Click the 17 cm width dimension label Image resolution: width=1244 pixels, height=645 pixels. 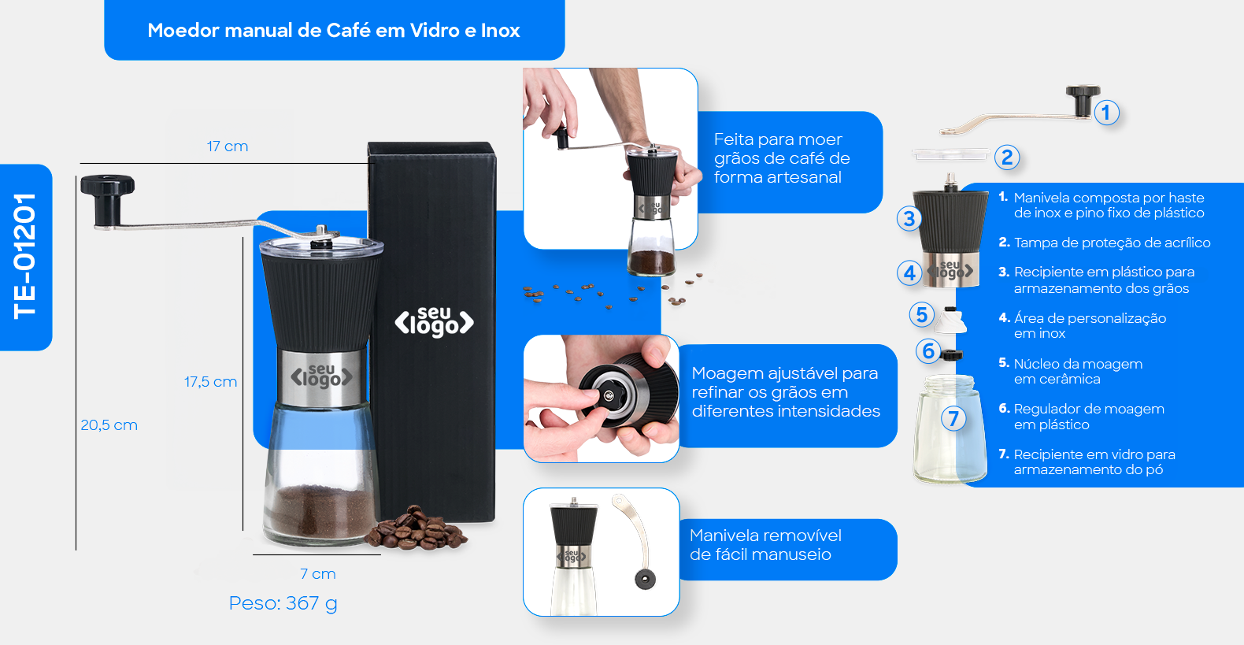coord(227,146)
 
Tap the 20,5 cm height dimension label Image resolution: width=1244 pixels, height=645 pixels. coord(109,425)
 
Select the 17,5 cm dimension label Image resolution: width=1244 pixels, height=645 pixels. coord(210,382)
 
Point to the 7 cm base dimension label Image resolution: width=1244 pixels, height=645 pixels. coord(317,574)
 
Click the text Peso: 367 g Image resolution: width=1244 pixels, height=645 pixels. coord(283,603)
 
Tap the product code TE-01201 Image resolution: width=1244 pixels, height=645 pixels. coord(25,257)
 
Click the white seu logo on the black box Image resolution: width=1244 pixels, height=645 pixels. coord(435,321)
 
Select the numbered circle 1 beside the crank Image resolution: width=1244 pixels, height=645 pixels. coord(1106,113)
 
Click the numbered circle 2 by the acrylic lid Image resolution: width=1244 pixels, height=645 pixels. coord(1007,158)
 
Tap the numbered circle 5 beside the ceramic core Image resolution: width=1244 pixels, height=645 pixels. coord(921,314)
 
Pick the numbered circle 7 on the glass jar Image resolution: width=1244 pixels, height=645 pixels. coord(953,418)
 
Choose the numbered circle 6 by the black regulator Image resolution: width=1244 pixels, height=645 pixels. coord(928,351)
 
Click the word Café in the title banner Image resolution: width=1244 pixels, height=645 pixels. coord(349,30)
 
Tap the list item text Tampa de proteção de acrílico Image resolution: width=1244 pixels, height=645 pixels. coord(1112,243)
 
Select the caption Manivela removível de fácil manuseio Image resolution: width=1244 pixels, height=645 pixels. coord(765,545)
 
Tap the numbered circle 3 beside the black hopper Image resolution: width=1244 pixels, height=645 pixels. coord(909,218)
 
